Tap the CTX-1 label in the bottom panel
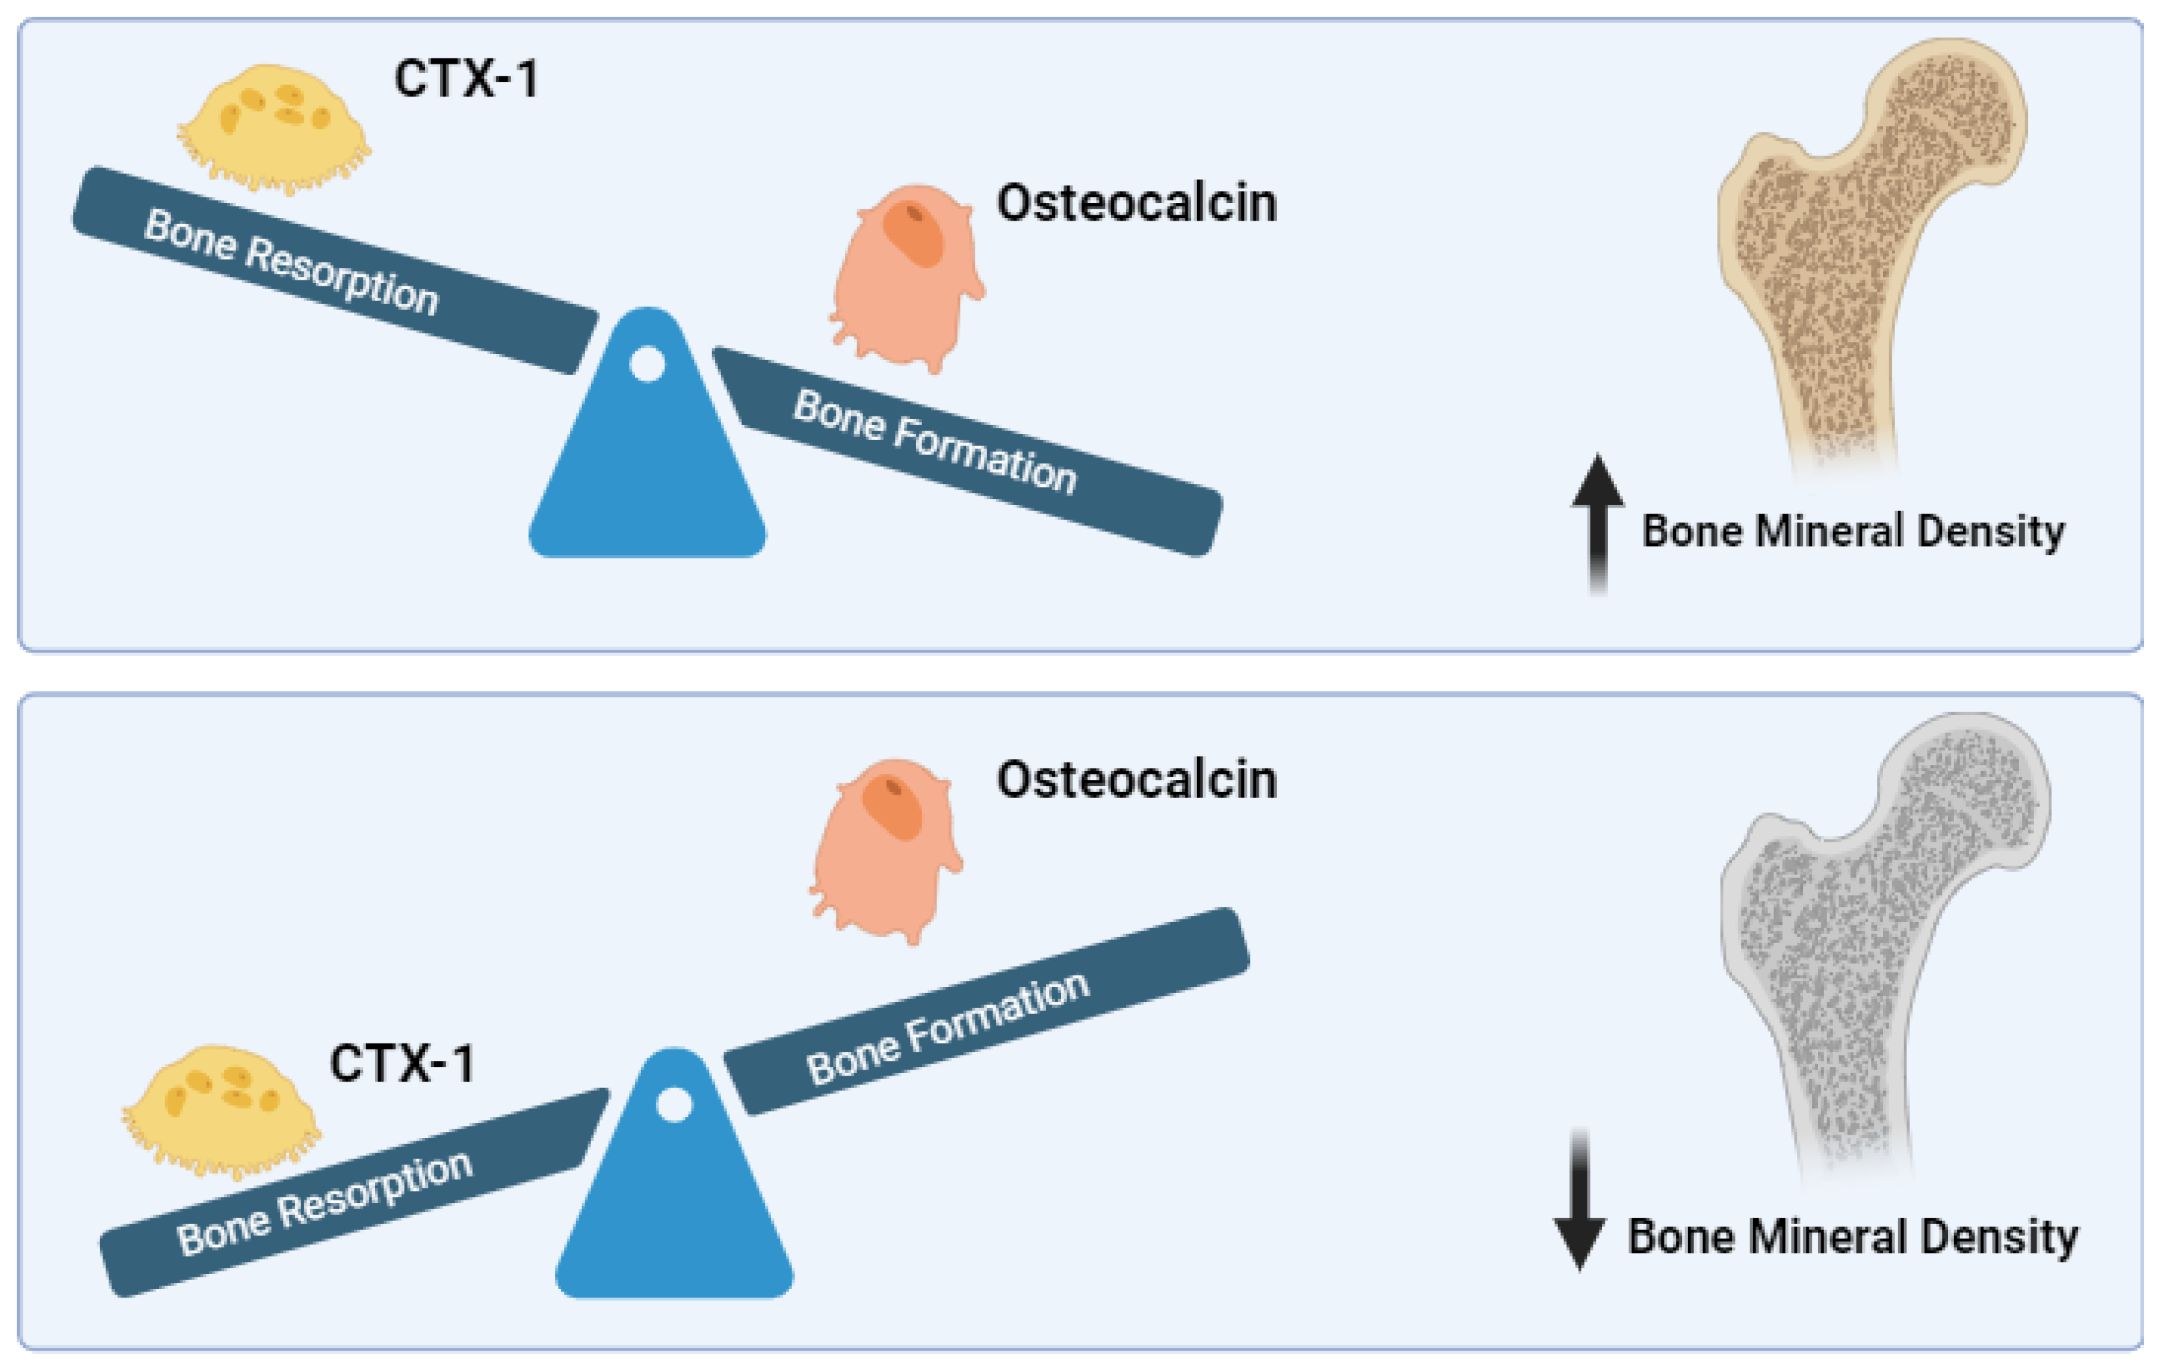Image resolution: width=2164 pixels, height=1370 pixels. (402, 1064)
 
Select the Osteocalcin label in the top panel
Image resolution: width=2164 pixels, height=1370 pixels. (1136, 203)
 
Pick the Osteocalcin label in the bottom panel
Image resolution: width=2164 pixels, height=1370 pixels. (1136, 779)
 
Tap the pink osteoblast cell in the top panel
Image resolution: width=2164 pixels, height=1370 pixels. (906, 277)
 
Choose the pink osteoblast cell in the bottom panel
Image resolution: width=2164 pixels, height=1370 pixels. (885, 850)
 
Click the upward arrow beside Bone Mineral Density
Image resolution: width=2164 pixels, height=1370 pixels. (1597, 522)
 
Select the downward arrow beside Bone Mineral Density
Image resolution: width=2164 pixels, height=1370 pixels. (1579, 1200)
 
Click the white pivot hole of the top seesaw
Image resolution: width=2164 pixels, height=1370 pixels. (647, 364)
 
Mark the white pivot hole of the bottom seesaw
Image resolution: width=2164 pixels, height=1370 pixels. (674, 1104)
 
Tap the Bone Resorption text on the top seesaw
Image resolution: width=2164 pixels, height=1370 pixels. (291, 262)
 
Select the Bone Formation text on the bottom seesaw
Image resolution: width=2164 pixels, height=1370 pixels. (948, 1029)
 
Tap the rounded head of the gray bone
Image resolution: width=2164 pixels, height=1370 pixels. (1973, 782)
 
